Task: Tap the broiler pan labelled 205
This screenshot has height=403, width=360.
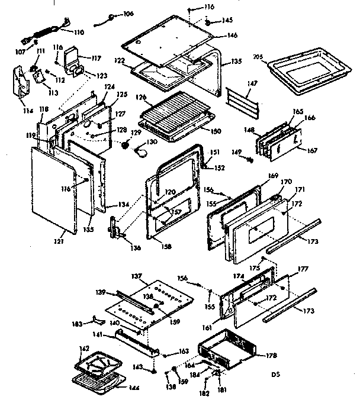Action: click(308, 72)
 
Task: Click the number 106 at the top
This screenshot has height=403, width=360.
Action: click(128, 14)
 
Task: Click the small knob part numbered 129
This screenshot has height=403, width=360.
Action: click(125, 145)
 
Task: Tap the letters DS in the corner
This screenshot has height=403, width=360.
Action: click(275, 374)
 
